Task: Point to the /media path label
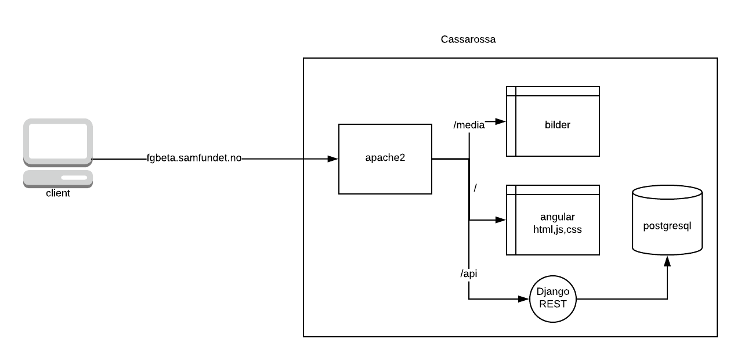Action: point(469,125)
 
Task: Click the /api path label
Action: point(468,273)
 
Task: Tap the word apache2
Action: point(385,158)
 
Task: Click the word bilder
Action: point(557,124)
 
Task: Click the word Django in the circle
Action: point(552,291)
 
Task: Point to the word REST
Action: point(552,303)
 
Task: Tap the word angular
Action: point(557,217)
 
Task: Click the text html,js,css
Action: point(557,229)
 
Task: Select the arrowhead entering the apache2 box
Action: point(333,159)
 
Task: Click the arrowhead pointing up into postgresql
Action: point(667,261)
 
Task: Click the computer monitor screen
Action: point(57,140)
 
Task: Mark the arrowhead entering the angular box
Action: point(501,221)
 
